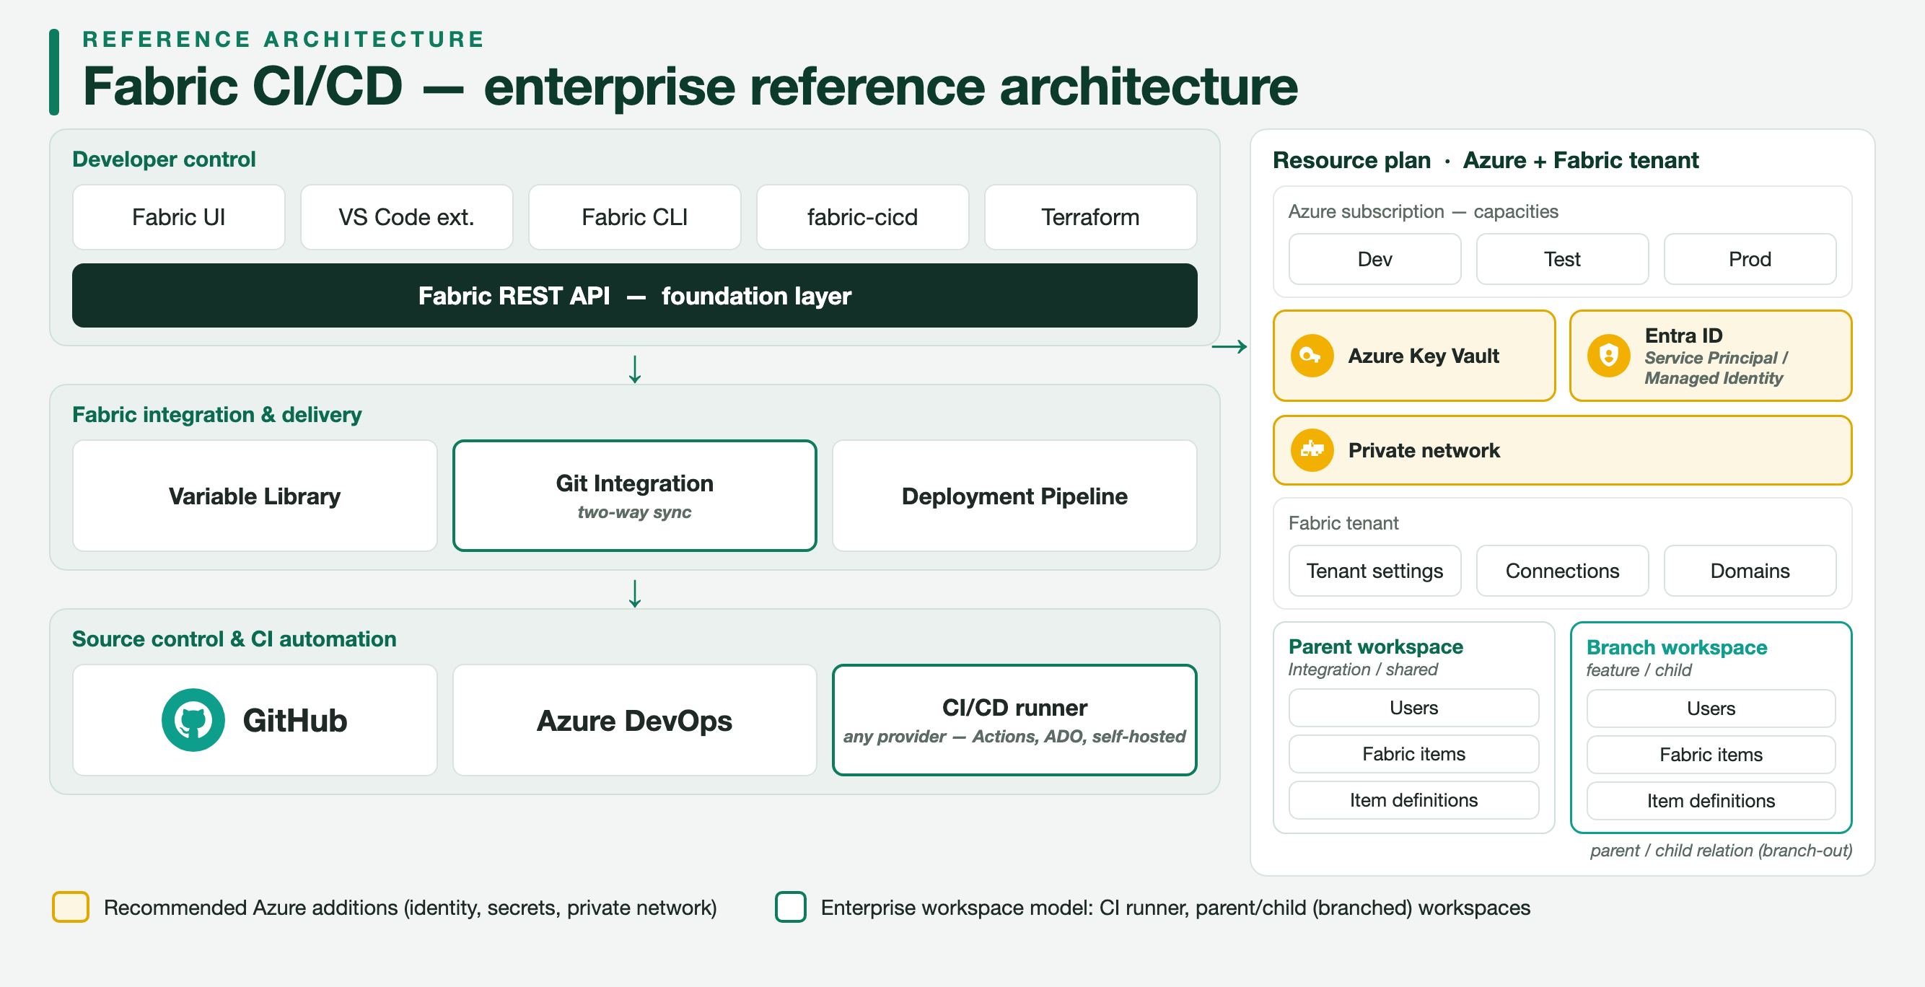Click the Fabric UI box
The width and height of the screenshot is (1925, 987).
tap(179, 217)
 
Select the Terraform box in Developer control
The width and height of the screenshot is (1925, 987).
tap(1090, 217)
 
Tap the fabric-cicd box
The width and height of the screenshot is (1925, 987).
tap(862, 217)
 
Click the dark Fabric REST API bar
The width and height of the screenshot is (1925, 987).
tap(634, 296)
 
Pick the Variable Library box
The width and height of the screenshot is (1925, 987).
tap(255, 496)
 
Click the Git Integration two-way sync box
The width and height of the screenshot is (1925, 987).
tap(634, 496)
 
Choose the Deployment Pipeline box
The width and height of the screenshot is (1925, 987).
tap(1014, 496)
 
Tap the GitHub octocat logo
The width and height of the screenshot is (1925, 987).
tap(193, 720)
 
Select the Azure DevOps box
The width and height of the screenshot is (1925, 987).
tap(634, 720)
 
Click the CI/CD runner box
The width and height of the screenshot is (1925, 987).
tap(1014, 720)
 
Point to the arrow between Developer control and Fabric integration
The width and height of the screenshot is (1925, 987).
tap(634, 369)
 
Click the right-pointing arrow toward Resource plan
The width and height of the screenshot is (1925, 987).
tap(1229, 347)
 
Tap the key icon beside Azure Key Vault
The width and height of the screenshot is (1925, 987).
tap(1312, 356)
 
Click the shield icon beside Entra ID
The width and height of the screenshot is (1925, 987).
tap(1608, 356)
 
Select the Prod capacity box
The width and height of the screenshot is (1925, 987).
tap(1750, 259)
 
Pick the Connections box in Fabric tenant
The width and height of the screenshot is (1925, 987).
tap(1563, 571)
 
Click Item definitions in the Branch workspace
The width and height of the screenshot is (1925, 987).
tap(1711, 801)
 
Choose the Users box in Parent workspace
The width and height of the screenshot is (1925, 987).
tap(1414, 708)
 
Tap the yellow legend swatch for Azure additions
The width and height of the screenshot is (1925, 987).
tap(71, 907)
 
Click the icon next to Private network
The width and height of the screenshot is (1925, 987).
tap(1312, 450)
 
